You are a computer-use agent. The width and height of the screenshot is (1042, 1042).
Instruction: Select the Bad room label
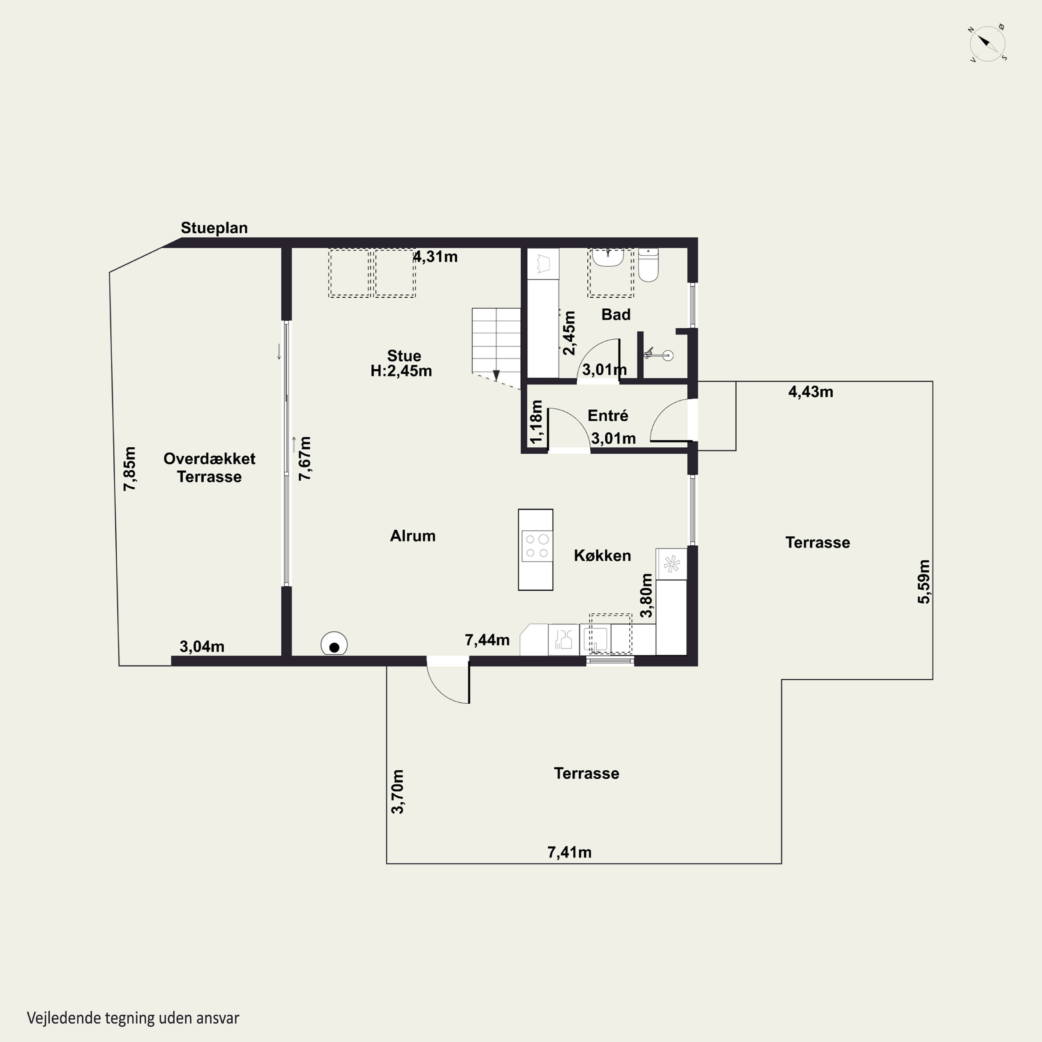coord(616,314)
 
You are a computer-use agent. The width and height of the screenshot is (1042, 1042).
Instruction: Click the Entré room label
coord(608,415)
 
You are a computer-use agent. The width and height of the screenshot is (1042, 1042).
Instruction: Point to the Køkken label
coord(602,555)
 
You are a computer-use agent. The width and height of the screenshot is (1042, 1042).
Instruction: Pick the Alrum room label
coord(413,536)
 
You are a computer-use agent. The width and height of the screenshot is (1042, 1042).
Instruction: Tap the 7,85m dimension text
coord(130,468)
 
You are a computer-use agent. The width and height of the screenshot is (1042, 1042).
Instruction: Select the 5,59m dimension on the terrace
coord(924,581)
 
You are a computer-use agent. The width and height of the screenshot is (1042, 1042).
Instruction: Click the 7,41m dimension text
coord(570,852)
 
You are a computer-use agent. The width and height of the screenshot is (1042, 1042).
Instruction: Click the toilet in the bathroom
coord(648,265)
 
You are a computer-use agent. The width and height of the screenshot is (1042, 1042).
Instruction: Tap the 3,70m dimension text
coord(397,792)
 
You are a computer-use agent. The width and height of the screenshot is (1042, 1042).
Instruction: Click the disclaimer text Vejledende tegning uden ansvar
coord(133,1018)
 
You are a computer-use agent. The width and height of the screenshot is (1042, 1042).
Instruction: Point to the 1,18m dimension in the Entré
coord(536,422)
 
